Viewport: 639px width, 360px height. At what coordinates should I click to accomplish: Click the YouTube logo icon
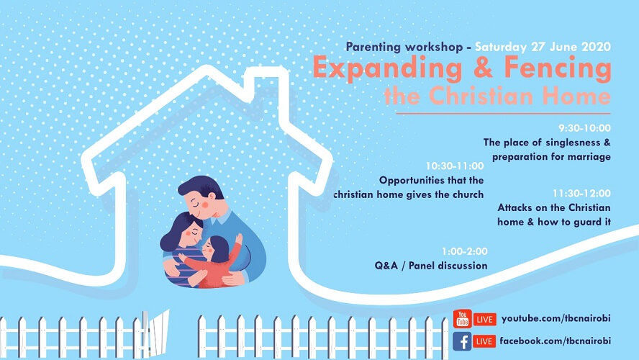tap(462, 318)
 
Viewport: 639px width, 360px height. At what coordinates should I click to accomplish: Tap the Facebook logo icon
tap(462, 341)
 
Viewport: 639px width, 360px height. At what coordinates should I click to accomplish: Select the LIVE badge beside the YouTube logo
tap(484, 319)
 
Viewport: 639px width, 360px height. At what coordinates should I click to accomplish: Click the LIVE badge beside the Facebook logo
tap(484, 341)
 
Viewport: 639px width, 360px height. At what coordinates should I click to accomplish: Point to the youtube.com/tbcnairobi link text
tap(556, 318)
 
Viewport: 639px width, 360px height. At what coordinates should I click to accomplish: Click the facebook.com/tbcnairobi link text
tap(555, 341)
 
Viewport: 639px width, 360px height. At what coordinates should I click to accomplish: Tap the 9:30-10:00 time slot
tap(584, 128)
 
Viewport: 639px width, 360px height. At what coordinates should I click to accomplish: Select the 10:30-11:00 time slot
tap(455, 166)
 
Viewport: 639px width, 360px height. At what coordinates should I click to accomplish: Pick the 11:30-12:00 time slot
tap(581, 193)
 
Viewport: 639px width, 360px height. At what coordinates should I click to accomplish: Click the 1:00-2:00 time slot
tap(465, 251)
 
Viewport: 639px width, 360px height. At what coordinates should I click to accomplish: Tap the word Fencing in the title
tap(558, 68)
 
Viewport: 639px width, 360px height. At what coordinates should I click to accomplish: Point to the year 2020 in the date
tap(597, 47)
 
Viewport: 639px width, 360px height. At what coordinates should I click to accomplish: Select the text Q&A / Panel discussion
tap(431, 266)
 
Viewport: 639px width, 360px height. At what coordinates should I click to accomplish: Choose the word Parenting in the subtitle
tap(373, 48)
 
